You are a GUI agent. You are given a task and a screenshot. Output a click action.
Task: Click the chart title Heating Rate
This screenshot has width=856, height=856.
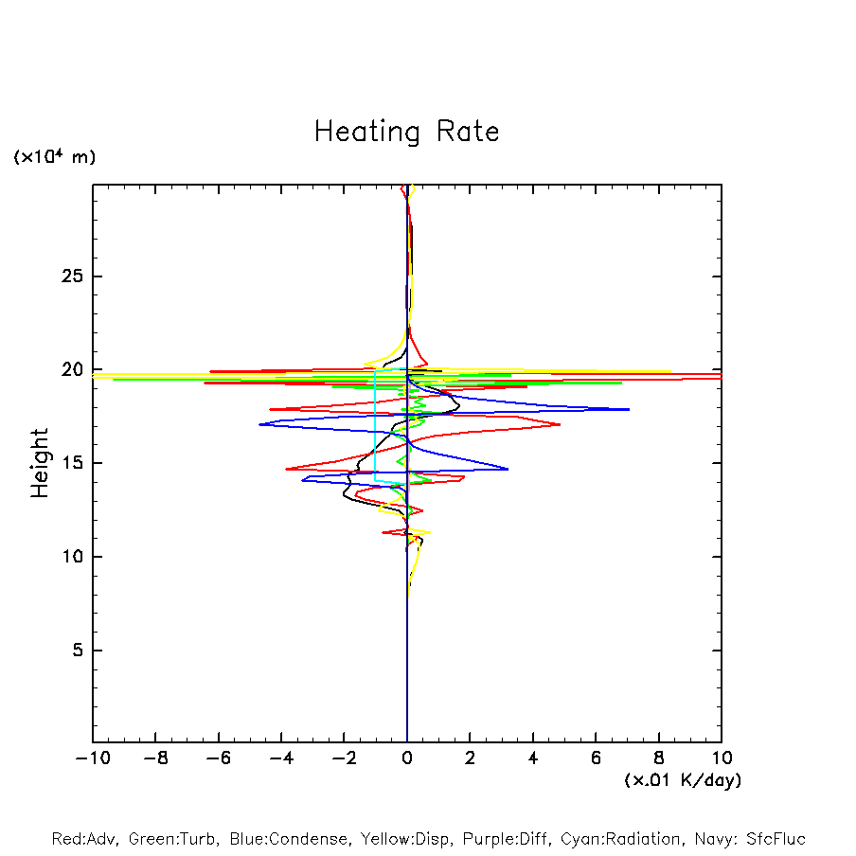pos(406,132)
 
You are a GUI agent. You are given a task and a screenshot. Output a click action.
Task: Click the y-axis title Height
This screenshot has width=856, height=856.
pos(40,463)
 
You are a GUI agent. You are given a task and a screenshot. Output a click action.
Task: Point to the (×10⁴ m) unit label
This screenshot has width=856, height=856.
pos(54,157)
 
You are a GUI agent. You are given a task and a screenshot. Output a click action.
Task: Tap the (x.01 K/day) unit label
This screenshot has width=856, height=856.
pos(682,780)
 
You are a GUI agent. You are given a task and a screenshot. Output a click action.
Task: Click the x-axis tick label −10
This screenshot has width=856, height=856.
pos(92,758)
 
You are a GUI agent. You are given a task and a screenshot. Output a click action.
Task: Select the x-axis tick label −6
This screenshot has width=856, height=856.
pos(217,758)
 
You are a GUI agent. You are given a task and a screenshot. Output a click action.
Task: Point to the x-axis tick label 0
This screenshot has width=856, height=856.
pos(407,758)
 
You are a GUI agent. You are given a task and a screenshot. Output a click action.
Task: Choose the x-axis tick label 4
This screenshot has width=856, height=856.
pos(533,758)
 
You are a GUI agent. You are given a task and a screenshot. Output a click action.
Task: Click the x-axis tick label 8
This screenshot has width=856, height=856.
pos(659,758)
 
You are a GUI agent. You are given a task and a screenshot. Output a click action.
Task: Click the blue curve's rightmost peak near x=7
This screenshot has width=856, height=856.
pos(629,410)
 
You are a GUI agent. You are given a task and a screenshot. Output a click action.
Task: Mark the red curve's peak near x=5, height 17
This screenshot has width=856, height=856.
pos(560,424)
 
